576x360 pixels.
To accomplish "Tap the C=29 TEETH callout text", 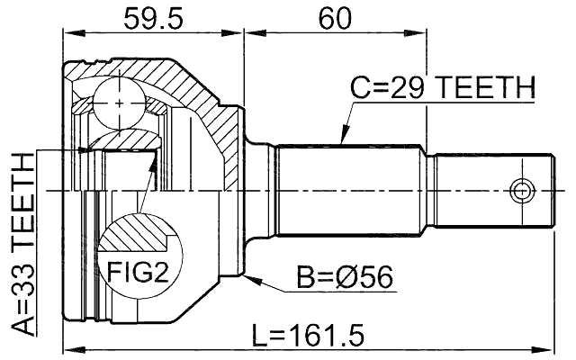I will click(x=442, y=88).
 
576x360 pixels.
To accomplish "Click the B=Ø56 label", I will click(x=345, y=278).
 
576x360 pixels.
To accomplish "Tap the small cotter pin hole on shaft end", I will click(x=520, y=191).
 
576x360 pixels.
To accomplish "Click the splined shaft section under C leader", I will click(x=351, y=191).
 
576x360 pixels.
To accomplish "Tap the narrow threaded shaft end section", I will click(x=490, y=191).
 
